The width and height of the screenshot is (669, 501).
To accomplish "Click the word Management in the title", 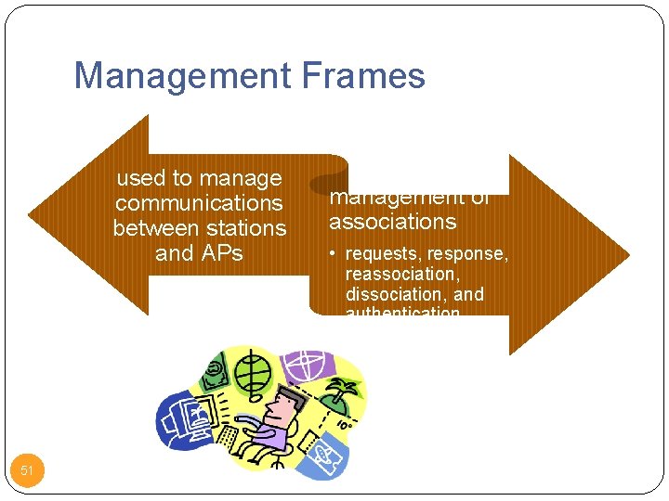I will pos(177,75).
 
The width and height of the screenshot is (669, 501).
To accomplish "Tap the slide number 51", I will pos(27,471).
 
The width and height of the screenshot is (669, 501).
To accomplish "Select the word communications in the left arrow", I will pos(199,203).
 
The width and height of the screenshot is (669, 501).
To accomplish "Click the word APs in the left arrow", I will pos(220,253).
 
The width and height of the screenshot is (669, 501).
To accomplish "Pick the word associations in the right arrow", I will pos(392,222).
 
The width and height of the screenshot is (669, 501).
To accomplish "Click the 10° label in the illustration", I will pos(343,425).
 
